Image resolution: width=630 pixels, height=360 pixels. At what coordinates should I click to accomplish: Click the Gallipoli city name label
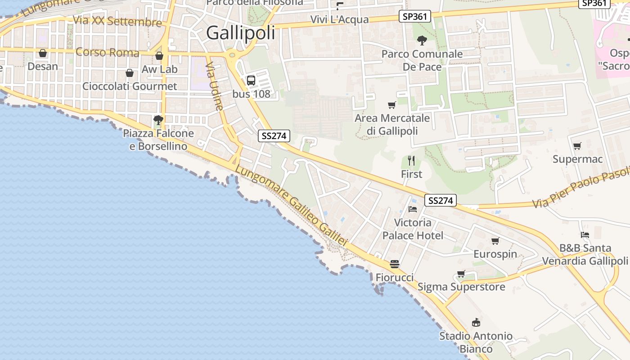pyautogui.click(x=240, y=33)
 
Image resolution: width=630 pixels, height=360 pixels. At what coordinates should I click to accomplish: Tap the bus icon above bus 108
pyautogui.click(x=251, y=81)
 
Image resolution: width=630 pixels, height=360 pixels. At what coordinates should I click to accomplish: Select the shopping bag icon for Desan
pyautogui.click(x=43, y=54)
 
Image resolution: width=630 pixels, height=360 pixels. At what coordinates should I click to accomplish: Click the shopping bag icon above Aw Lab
pyautogui.click(x=159, y=56)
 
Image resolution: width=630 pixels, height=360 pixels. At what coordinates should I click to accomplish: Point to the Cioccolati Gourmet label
pyautogui.click(x=130, y=86)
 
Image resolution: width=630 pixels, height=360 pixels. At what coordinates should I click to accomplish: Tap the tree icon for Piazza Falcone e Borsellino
pyautogui.click(x=158, y=120)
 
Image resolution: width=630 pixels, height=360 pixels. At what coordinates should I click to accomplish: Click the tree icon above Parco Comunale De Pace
pyautogui.click(x=422, y=40)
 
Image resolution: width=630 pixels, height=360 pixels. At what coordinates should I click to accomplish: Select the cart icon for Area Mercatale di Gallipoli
pyautogui.click(x=392, y=105)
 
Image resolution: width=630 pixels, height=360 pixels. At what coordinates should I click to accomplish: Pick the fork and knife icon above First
pyautogui.click(x=411, y=161)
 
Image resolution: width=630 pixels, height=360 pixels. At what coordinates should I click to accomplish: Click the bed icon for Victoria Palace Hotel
pyautogui.click(x=413, y=209)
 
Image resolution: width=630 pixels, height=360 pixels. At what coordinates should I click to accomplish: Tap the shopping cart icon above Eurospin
pyautogui.click(x=495, y=241)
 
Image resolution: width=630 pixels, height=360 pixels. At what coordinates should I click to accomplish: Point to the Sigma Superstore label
pyautogui.click(x=461, y=287)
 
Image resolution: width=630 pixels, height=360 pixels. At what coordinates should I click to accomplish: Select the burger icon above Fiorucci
pyautogui.click(x=395, y=264)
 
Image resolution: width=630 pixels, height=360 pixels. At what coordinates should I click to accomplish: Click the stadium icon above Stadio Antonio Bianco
pyautogui.click(x=476, y=323)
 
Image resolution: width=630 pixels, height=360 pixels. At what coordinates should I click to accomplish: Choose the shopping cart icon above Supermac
pyautogui.click(x=577, y=146)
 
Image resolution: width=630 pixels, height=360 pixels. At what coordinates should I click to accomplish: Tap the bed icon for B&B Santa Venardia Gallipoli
pyautogui.click(x=585, y=235)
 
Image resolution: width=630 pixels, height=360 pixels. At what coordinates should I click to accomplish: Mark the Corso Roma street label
pyautogui.click(x=108, y=52)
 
